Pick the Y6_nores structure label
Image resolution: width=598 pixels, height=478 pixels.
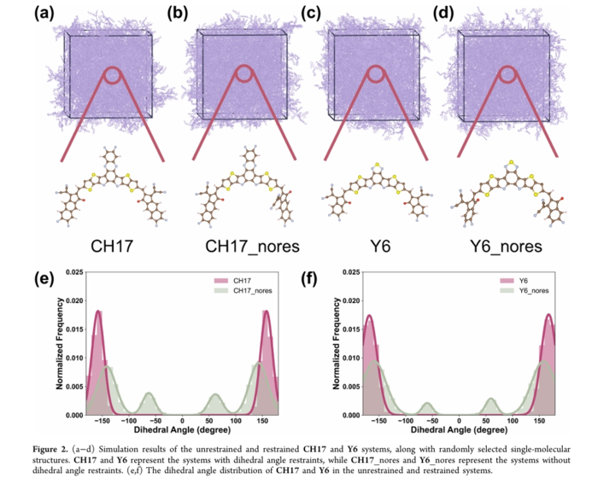tap(507, 247)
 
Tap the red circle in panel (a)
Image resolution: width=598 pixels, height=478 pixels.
tap(115, 78)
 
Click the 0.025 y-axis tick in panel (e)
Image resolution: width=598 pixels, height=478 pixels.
tap(72, 272)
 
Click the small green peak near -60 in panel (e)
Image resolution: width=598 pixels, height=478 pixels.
tap(149, 394)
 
